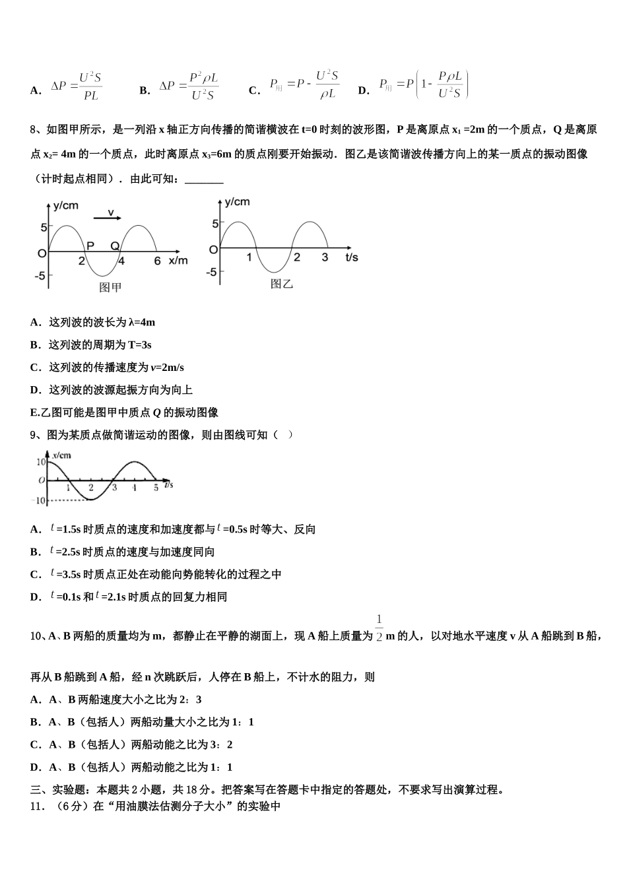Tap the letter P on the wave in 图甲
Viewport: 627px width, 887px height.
tap(90, 246)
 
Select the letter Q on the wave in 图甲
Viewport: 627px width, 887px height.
tap(114, 246)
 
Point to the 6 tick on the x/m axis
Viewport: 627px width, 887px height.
tap(157, 261)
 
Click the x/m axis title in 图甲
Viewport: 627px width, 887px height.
tap(178, 261)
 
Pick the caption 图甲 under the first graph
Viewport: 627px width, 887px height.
tap(110, 287)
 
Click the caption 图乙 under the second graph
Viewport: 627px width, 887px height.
tap(282, 284)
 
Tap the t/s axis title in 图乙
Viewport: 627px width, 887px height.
tap(352, 257)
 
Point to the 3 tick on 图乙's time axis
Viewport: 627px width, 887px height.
tap(325, 257)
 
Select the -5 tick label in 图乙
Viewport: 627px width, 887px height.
tap(211, 272)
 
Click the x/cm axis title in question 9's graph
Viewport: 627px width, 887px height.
tap(61, 455)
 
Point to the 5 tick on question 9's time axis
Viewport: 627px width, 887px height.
tap(156, 488)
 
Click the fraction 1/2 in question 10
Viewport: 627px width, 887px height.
tap(379, 628)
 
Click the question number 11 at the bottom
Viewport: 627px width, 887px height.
tap(37, 806)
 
